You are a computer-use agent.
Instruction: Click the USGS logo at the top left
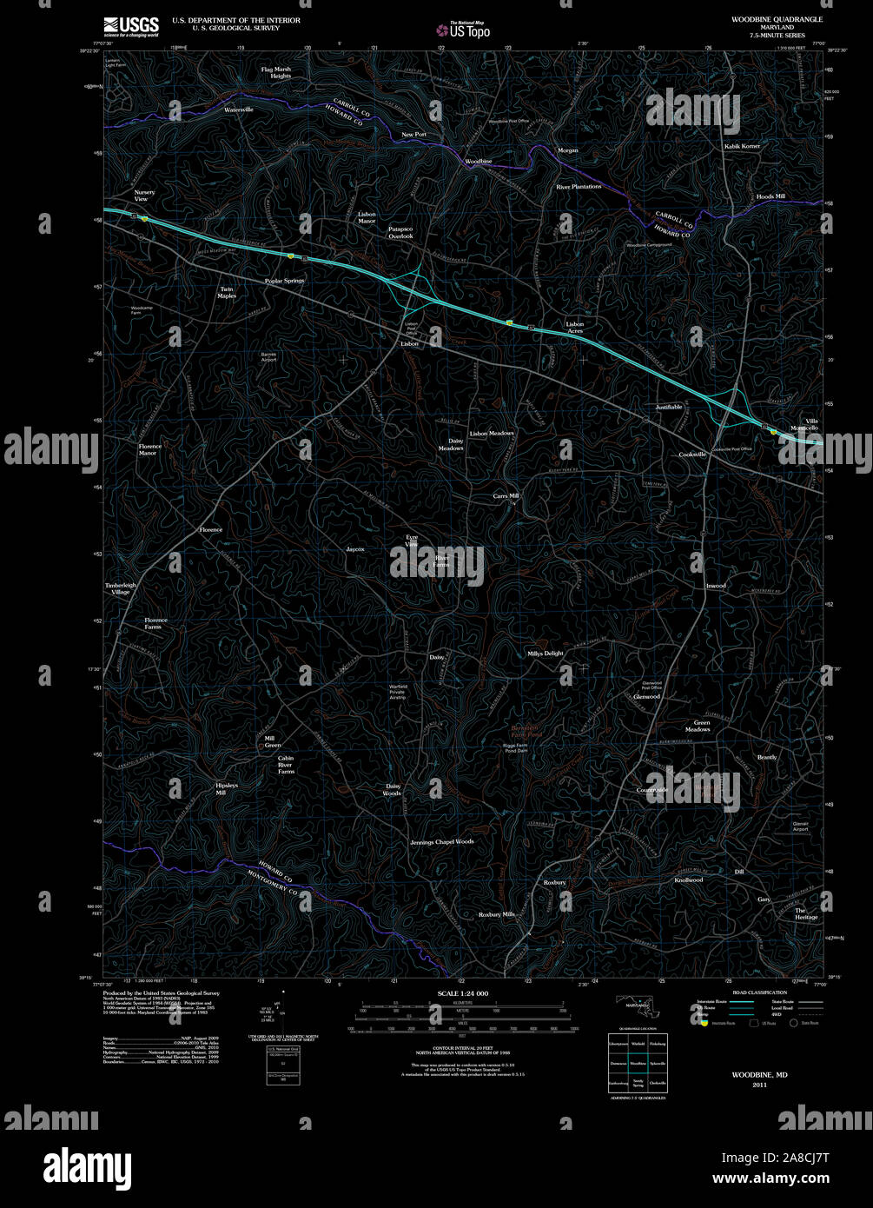tap(130, 26)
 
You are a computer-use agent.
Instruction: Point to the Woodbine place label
tap(478, 162)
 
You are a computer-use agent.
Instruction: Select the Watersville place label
tap(239, 110)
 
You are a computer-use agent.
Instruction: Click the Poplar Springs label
tap(285, 281)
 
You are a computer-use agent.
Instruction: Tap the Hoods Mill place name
tap(770, 196)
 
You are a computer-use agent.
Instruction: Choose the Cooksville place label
tap(692, 455)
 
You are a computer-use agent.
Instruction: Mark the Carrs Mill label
tap(506, 495)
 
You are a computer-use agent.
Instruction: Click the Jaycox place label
tap(355, 549)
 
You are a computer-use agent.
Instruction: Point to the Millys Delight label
tap(546, 654)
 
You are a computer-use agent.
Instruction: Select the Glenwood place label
tap(647, 697)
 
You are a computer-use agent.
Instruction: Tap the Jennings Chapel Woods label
tap(442, 842)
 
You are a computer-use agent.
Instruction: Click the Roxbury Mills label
tap(497, 914)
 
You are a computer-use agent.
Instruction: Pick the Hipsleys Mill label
tap(227, 789)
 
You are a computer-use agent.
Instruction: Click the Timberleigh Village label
tap(121, 588)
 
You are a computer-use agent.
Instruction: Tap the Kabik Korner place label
tap(742, 146)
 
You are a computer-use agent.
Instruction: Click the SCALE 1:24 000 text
tap(463, 993)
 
